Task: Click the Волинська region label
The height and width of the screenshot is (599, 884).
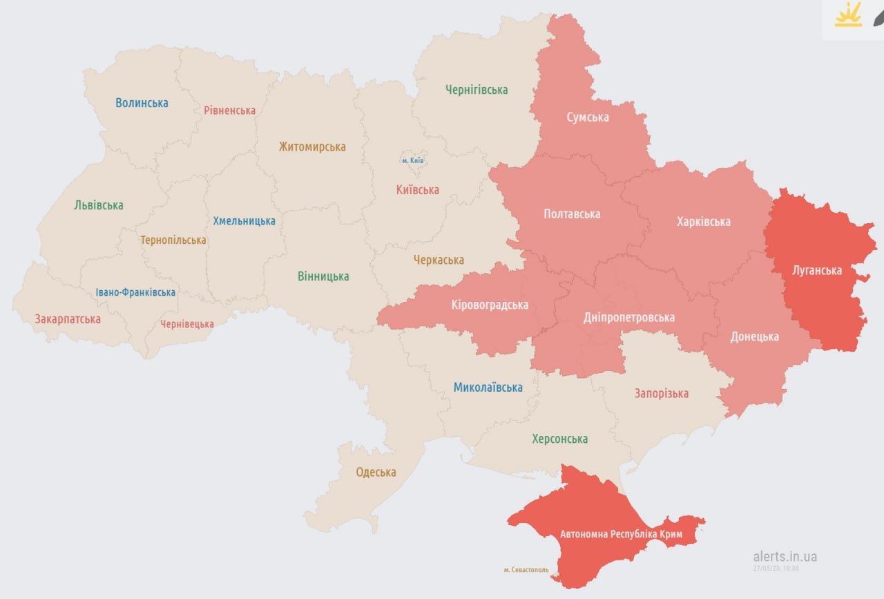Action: click(x=142, y=103)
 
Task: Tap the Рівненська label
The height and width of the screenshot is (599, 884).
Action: click(x=229, y=110)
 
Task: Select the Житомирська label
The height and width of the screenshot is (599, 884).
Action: click(x=312, y=146)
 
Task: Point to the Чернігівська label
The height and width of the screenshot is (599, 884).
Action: click(x=477, y=89)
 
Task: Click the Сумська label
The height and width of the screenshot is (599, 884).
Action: click(x=588, y=117)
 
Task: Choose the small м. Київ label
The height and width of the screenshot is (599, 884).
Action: click(x=413, y=161)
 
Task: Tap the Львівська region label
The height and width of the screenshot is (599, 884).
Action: click(x=99, y=205)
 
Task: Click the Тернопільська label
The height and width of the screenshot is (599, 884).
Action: click(x=173, y=240)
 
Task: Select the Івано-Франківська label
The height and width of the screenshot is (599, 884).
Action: click(x=135, y=292)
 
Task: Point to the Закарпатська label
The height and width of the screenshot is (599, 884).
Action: click(x=68, y=319)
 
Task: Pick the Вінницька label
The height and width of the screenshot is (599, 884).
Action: click(x=323, y=276)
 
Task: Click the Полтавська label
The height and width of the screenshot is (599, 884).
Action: click(x=572, y=213)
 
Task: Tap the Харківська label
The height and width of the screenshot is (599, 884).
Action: click(x=703, y=222)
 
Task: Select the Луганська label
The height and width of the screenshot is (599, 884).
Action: click(x=817, y=270)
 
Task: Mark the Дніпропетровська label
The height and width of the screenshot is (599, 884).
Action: click(x=628, y=318)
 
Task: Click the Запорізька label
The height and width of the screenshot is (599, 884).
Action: click(x=662, y=394)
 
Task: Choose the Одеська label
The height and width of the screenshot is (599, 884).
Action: click(x=376, y=473)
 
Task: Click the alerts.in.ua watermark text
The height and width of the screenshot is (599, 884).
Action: click(x=785, y=556)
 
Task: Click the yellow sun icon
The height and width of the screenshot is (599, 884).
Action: click(x=848, y=15)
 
